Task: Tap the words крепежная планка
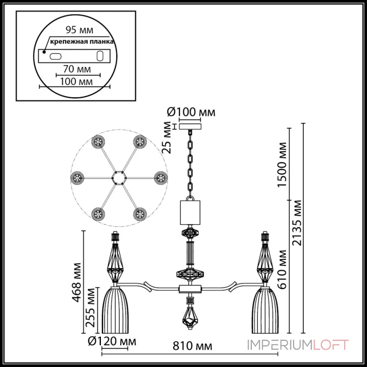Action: [76, 42]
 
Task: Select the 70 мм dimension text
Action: [77, 69]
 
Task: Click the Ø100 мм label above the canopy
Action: [191, 111]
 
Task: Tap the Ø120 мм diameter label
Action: [113, 341]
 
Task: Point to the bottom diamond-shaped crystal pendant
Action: [189, 317]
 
